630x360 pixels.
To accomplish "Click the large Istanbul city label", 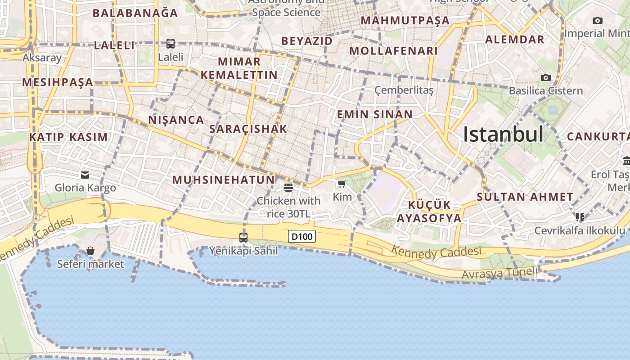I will (x=503, y=134).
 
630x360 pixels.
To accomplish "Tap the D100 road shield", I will (x=302, y=236).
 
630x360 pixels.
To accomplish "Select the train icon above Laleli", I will (x=171, y=44).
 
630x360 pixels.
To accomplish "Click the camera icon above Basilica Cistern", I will (x=546, y=77).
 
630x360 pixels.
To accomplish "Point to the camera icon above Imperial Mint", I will (x=598, y=20).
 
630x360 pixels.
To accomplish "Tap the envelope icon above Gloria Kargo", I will (x=85, y=175).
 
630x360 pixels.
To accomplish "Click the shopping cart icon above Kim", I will (x=342, y=184).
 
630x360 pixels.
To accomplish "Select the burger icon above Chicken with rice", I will (x=288, y=187).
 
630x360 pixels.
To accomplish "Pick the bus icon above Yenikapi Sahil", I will (x=243, y=237).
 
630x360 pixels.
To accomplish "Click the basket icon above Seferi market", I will (x=90, y=251).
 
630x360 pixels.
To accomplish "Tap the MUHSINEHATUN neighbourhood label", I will (x=223, y=180).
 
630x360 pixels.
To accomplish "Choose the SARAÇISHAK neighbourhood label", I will (x=248, y=129).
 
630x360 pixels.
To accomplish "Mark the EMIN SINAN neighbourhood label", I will (x=375, y=114).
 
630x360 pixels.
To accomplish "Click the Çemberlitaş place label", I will (x=404, y=90).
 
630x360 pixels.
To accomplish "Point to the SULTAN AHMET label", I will (x=525, y=197).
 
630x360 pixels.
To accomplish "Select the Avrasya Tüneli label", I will (x=499, y=273).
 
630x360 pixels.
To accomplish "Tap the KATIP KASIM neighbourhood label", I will (x=68, y=137).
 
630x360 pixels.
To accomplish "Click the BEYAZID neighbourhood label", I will (x=307, y=41).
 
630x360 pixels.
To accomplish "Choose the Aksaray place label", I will (x=42, y=58).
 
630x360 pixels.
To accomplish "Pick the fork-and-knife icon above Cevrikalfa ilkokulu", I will (x=580, y=217).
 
